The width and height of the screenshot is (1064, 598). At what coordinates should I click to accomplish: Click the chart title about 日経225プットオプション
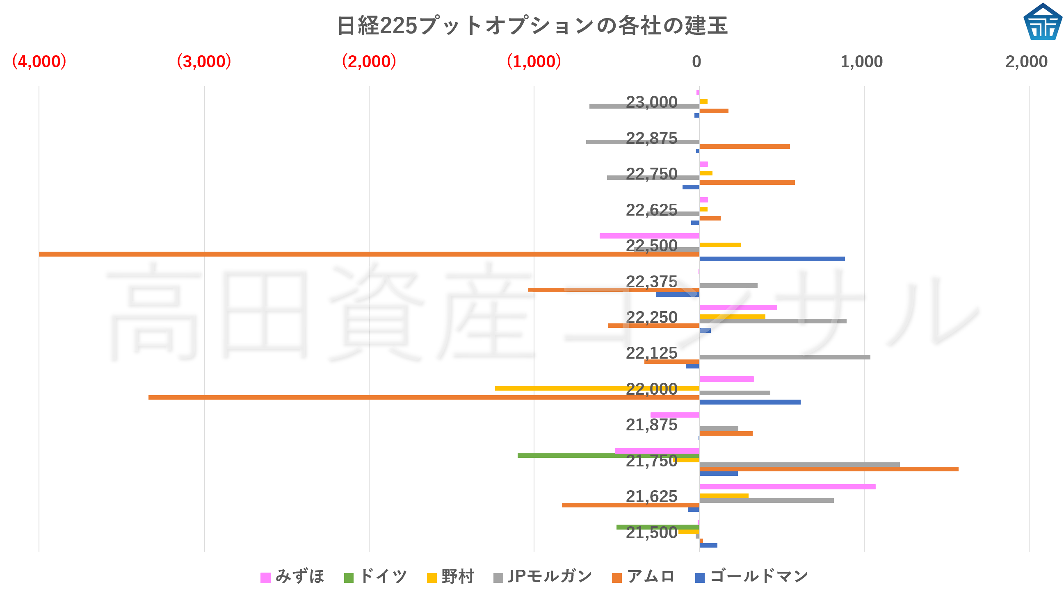coord(532,25)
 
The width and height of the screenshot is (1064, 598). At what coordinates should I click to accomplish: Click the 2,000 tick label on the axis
coord(1026,62)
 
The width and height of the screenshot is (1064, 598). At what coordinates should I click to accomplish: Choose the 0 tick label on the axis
coord(696,62)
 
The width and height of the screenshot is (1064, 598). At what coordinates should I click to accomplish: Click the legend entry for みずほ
coord(292,577)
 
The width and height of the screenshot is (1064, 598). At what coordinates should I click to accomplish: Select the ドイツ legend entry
coord(376,577)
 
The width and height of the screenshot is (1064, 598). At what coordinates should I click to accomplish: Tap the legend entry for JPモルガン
coord(543,577)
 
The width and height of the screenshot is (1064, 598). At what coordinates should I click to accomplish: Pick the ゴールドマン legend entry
coord(752,577)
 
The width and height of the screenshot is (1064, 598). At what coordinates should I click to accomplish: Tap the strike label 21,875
coord(651,425)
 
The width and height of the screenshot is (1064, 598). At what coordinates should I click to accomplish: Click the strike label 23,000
coord(651,102)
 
